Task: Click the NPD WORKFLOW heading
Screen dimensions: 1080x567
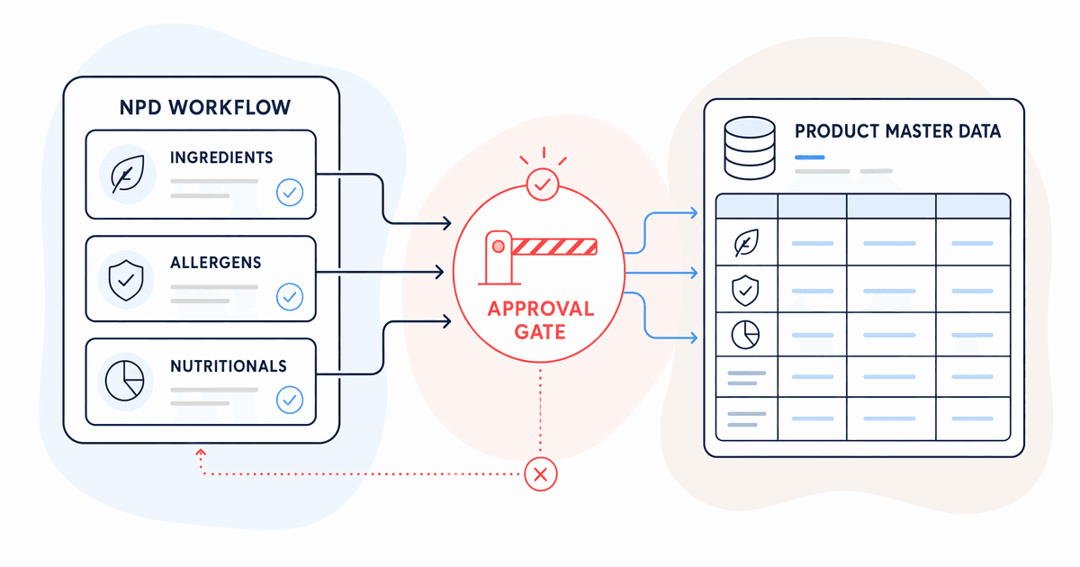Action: pos(205,107)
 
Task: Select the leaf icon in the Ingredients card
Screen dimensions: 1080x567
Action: pos(127,174)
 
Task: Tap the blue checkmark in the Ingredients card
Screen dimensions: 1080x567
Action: pos(290,193)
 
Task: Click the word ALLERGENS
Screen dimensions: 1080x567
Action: pos(215,262)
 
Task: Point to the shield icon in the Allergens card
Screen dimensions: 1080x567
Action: pos(126,280)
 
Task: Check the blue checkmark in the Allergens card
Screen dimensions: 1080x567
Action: pos(290,296)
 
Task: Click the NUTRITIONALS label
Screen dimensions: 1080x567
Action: pos(229,366)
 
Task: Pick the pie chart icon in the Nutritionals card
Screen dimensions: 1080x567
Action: pos(125,381)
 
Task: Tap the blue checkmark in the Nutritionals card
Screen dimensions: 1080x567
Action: pos(290,400)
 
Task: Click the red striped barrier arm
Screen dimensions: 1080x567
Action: pos(554,247)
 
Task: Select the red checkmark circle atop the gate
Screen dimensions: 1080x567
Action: pos(543,184)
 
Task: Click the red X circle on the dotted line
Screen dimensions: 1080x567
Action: pos(541,474)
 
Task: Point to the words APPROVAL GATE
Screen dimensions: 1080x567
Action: pos(541,320)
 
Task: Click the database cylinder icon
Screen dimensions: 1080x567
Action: pos(750,148)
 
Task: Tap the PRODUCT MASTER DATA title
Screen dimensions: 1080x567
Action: pos(898,131)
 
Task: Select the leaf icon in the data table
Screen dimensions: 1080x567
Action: pos(746,242)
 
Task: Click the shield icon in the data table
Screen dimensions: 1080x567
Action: pos(745,290)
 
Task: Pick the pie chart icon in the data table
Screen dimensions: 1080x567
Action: pos(745,335)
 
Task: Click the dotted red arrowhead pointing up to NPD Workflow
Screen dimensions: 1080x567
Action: pos(201,453)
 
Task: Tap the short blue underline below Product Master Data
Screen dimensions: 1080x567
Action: pos(810,157)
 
